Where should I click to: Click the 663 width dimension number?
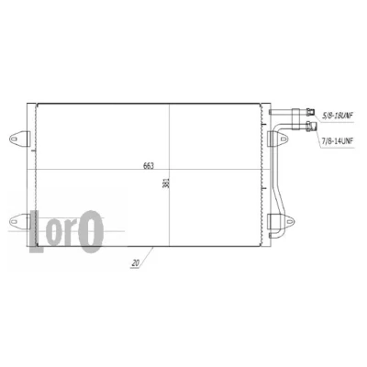(149, 166)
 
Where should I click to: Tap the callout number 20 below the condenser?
(136, 262)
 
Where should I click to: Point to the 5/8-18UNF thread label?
(338, 116)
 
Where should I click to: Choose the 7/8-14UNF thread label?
(338, 141)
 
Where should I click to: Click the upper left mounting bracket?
(19, 139)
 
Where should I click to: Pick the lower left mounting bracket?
(19, 221)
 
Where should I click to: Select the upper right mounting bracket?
(277, 139)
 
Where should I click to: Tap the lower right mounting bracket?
(281, 221)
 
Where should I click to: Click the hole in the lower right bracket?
(289, 221)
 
